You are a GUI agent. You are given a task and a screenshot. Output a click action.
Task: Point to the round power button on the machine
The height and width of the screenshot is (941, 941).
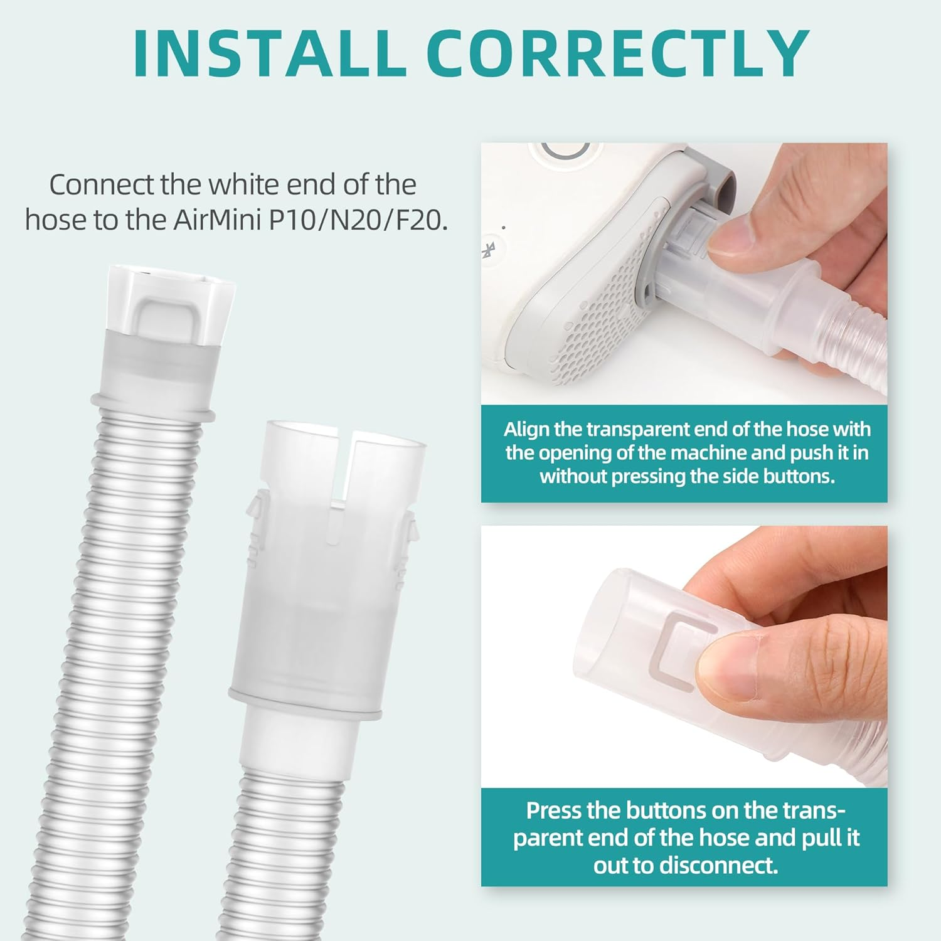[x=565, y=153]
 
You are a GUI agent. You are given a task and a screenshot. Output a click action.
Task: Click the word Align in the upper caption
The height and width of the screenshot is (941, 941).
[x=526, y=429]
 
